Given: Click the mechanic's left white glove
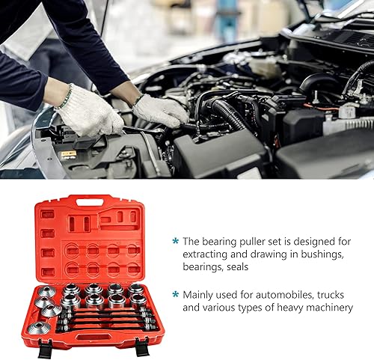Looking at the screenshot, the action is click(x=90, y=112).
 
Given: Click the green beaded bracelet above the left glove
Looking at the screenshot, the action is click(x=66, y=97).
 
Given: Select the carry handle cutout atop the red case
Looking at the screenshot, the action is click(x=90, y=202).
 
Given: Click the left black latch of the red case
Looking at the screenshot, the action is click(x=45, y=349).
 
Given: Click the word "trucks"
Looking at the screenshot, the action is click(x=331, y=295).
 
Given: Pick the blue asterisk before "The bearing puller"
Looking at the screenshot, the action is click(x=176, y=241).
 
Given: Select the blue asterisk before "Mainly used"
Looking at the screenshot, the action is click(x=176, y=294).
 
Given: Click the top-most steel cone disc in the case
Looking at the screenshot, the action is click(x=48, y=291).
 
